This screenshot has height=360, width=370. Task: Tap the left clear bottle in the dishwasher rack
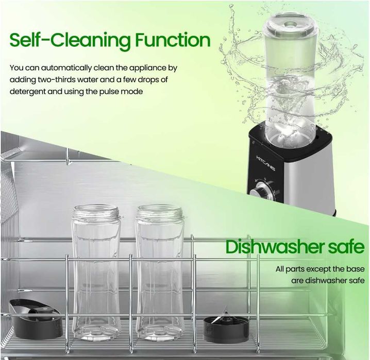(x=96, y=278)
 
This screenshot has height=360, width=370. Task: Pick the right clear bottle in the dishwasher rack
(x=160, y=278)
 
